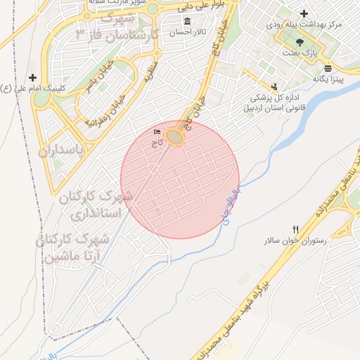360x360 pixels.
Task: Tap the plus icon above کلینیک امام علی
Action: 32,77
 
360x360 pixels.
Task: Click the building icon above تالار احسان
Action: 187,20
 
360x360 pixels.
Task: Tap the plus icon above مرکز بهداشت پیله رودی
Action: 304,13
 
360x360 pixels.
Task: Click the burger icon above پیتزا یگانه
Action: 326,67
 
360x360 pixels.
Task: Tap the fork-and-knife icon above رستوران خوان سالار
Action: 295,229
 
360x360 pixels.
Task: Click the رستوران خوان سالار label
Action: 295,240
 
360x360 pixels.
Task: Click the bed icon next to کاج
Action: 156,131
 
